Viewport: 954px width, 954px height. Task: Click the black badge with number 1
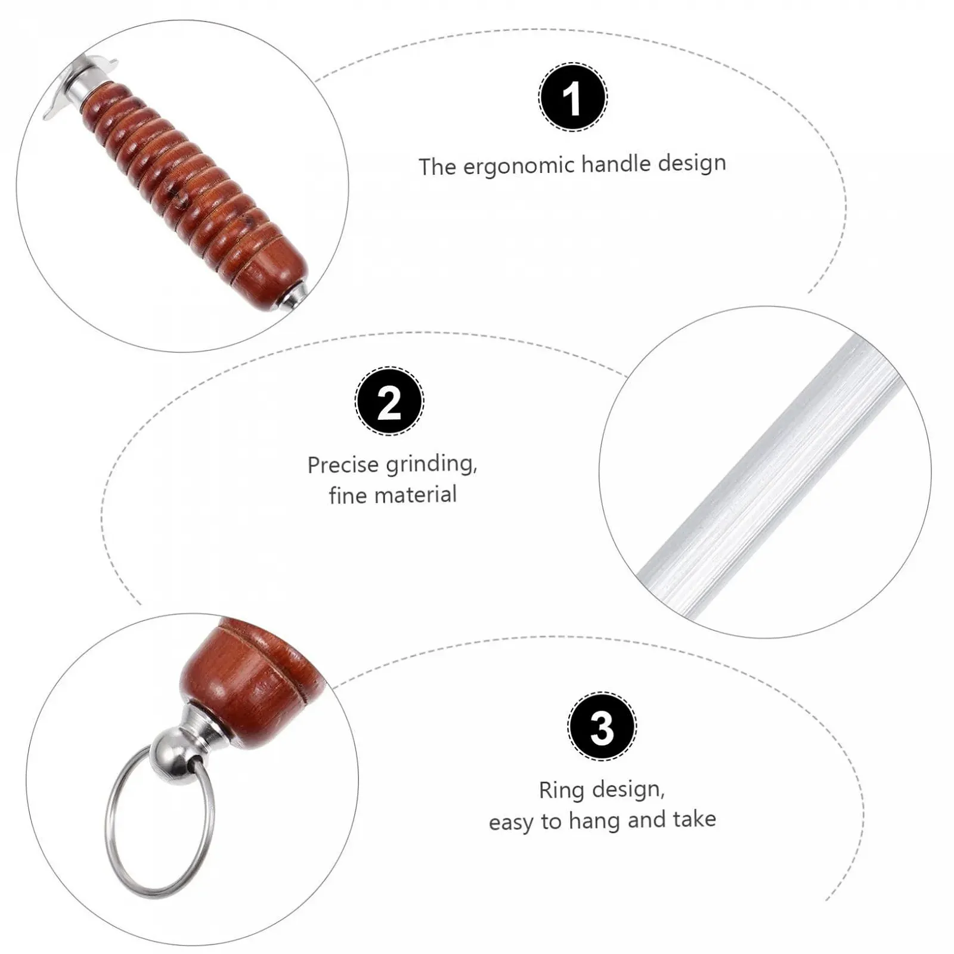click(573, 97)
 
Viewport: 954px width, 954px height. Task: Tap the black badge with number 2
click(389, 401)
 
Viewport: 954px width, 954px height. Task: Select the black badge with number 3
click(602, 727)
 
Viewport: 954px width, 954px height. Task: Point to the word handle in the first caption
click(617, 163)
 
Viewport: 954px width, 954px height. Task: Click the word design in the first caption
click(692, 162)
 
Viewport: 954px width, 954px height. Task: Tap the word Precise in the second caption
click(342, 465)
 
